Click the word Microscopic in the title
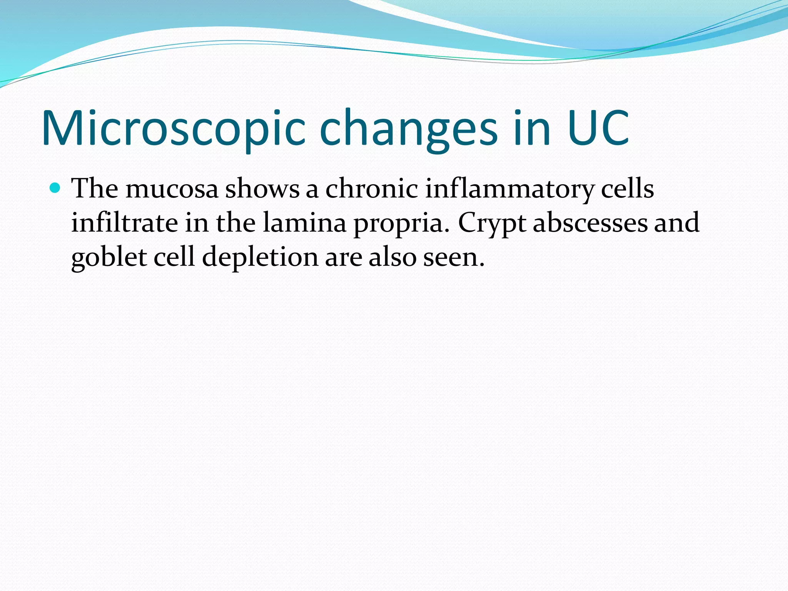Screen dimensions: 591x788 tap(173, 129)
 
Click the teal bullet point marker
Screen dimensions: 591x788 tap(55, 188)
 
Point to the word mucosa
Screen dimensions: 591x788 tap(172, 190)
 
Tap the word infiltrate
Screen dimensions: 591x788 tap(124, 223)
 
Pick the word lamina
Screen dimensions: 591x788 tap(304, 223)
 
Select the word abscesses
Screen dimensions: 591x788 tap(590, 223)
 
